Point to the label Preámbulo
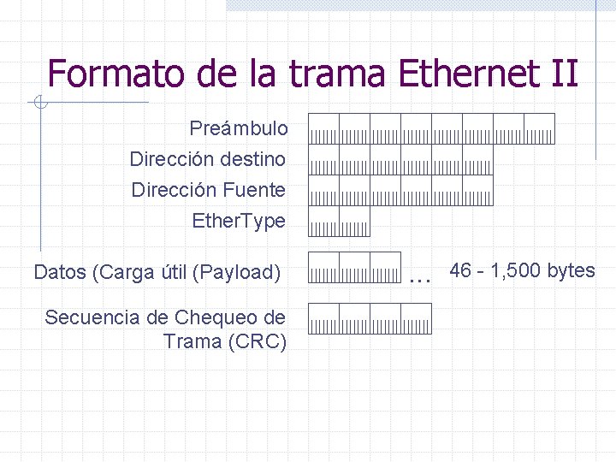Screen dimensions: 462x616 click(x=239, y=129)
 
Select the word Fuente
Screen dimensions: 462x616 click(x=254, y=190)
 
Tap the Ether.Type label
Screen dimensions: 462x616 click(x=239, y=221)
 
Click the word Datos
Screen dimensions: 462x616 click(x=62, y=273)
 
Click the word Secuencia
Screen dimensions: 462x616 click(x=92, y=317)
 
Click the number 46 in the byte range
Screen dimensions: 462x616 click(x=460, y=271)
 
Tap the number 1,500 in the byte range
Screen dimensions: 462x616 click(x=516, y=271)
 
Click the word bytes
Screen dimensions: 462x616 click(x=571, y=271)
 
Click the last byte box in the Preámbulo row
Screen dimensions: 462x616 click(x=539, y=129)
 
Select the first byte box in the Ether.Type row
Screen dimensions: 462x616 click(x=323, y=221)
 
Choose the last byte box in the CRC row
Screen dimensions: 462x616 click(x=416, y=318)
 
